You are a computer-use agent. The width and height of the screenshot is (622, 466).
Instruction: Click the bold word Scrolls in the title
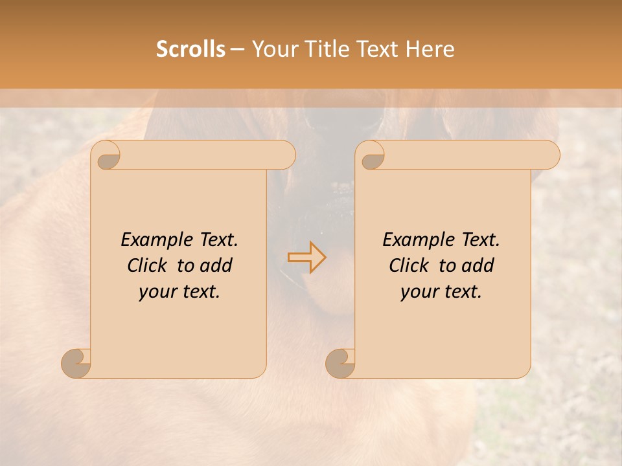[190, 49]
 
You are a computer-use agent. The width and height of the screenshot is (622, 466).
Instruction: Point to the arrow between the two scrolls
[306, 258]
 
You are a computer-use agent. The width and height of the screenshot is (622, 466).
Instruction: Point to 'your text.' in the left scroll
[179, 291]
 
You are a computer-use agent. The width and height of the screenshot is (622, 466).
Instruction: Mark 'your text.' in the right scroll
[441, 291]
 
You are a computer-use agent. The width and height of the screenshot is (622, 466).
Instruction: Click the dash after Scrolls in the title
[237, 49]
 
